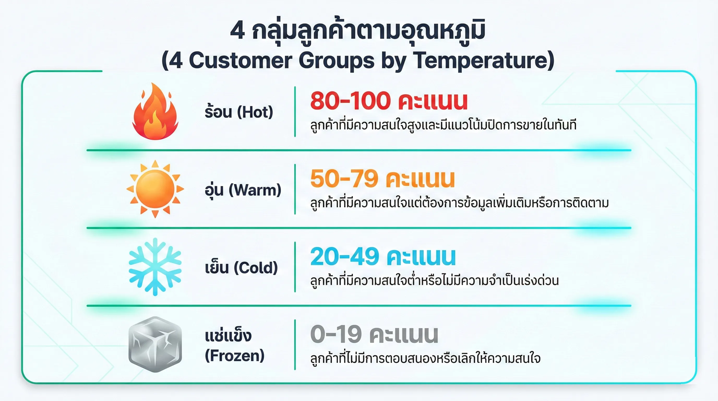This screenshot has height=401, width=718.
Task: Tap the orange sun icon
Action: pyautogui.click(x=155, y=189)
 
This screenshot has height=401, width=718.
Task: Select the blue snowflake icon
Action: pyautogui.click(x=155, y=267)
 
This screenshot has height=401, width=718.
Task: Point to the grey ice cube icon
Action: pyautogui.click(x=155, y=344)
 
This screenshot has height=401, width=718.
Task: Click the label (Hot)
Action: pyautogui.click(x=255, y=112)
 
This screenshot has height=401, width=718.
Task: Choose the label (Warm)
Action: pyautogui.click(x=255, y=190)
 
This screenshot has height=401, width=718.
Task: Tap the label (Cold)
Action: pyautogui.click(x=256, y=268)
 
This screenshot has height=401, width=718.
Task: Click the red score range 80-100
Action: pyautogui.click(x=350, y=101)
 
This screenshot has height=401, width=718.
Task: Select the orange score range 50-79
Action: pyautogui.click(x=344, y=179)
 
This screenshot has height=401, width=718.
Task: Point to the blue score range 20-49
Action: pyautogui.click(x=345, y=256)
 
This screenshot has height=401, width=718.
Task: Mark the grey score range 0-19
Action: pyautogui.click(x=336, y=334)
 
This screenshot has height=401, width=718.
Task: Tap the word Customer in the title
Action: pyautogui.click(x=241, y=60)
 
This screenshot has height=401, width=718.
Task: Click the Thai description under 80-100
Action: pyautogui.click(x=443, y=125)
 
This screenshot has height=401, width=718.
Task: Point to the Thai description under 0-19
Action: pyautogui.click(x=425, y=358)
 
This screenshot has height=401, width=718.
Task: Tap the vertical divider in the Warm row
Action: pyautogui.click(x=295, y=189)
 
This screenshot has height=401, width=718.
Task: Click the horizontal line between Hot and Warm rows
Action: pyautogui.click(x=359, y=150)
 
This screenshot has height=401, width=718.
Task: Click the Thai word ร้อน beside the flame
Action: pyautogui.click(x=218, y=112)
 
